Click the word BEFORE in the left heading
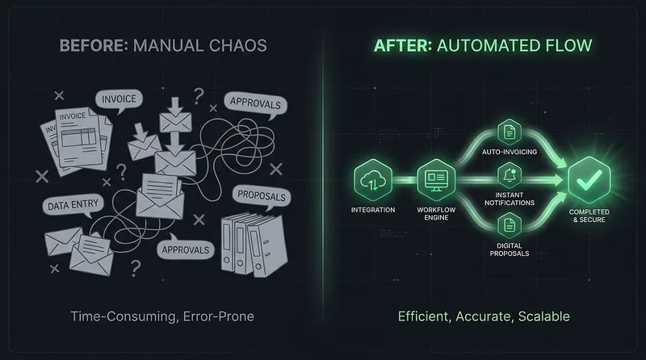pyautogui.click(x=94, y=45)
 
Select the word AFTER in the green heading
pyautogui.click(x=402, y=45)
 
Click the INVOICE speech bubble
pyautogui.click(x=119, y=100)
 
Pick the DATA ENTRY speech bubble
pyautogui.click(x=73, y=206)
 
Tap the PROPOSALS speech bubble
pyautogui.click(x=262, y=196)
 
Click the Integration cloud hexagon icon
pyautogui.click(x=373, y=180)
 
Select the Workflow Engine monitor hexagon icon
pyautogui.click(x=436, y=180)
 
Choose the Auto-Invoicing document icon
pyautogui.click(x=510, y=132)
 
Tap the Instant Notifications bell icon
pyautogui.click(x=510, y=175)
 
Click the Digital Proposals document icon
pyautogui.click(x=510, y=225)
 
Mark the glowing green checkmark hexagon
pyautogui.click(x=589, y=180)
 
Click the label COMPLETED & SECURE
pyautogui.click(x=589, y=216)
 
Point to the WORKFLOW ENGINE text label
pyautogui.click(x=436, y=213)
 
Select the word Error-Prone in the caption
pyautogui.click(x=218, y=316)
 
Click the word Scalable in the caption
pyautogui.click(x=543, y=316)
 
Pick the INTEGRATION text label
pyautogui.click(x=373, y=210)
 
